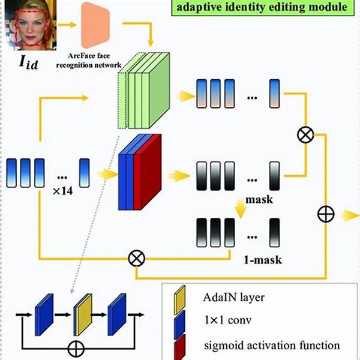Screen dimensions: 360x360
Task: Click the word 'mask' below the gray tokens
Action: coord(259,200)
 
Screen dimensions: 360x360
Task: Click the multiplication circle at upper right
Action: coord(305,135)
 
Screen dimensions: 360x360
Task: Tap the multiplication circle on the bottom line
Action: coord(137,259)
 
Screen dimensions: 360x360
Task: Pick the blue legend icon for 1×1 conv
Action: coord(179,324)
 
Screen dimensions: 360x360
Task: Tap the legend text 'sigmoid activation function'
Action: coord(272,346)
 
